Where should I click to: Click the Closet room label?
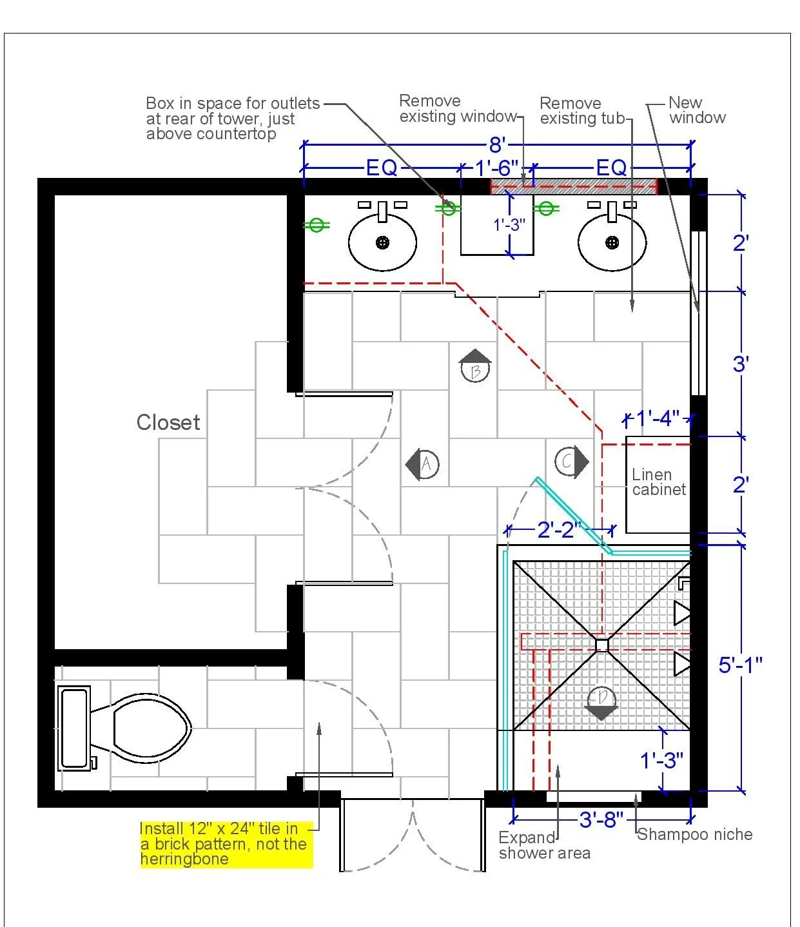coord(168,422)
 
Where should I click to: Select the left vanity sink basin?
coord(382,242)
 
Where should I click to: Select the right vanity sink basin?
coord(612,242)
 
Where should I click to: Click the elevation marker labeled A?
coord(422,464)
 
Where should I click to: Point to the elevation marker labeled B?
coord(475,366)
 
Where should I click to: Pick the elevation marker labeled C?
coord(571,462)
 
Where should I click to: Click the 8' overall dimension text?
coord(497,145)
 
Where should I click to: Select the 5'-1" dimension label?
coord(740,665)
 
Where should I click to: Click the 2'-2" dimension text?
coord(559,530)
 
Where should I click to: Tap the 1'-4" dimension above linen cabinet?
coord(658,418)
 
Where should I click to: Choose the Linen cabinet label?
coord(659,482)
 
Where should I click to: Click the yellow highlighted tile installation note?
coord(226,844)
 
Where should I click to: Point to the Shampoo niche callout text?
coord(695,834)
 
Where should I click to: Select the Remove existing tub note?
coord(583,111)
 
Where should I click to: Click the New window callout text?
coord(698,110)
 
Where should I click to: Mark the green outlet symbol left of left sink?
coord(317,225)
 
